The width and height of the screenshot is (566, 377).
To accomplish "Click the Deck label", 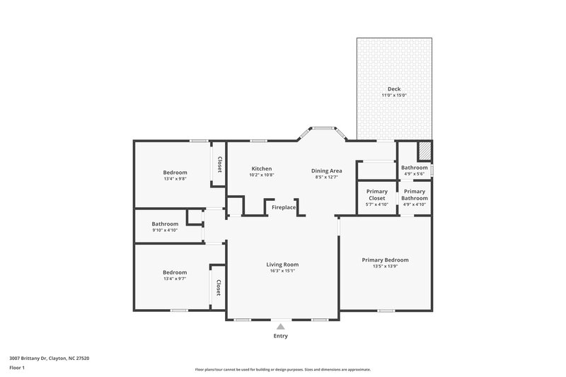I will pyautogui.click(x=393, y=89).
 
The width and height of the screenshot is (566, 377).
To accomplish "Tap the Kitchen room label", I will pyautogui.click(x=262, y=168).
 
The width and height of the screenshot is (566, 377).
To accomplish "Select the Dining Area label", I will pyautogui.click(x=327, y=170).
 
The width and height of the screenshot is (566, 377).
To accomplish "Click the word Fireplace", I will pyautogui.click(x=284, y=207).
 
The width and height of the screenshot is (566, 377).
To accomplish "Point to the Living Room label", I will pyautogui.click(x=282, y=264).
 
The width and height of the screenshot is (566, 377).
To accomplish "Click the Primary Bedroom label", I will pyautogui.click(x=385, y=260).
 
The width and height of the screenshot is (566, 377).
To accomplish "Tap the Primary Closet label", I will pyautogui.click(x=376, y=195).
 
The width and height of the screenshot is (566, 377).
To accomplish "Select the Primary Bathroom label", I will pyautogui.click(x=415, y=195).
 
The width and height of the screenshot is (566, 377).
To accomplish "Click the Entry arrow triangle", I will pyautogui.click(x=281, y=326).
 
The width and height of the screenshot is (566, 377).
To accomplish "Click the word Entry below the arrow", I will pyautogui.click(x=281, y=336).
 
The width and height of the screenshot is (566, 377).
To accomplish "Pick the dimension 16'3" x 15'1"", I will pyautogui.click(x=282, y=270).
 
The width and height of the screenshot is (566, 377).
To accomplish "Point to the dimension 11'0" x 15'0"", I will pyautogui.click(x=393, y=95).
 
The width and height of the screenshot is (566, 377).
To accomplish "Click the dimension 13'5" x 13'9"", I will pyautogui.click(x=385, y=267).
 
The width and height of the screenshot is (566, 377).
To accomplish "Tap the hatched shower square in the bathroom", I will pyautogui.click(x=424, y=151).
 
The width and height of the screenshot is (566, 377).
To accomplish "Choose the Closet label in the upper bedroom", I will pyautogui.click(x=219, y=164).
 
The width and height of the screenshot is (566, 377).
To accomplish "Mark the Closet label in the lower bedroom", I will pyautogui.click(x=219, y=287).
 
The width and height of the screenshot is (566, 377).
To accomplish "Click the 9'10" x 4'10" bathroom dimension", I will pyautogui.click(x=164, y=230).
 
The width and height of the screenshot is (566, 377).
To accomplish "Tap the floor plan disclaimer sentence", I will pyautogui.click(x=282, y=369).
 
